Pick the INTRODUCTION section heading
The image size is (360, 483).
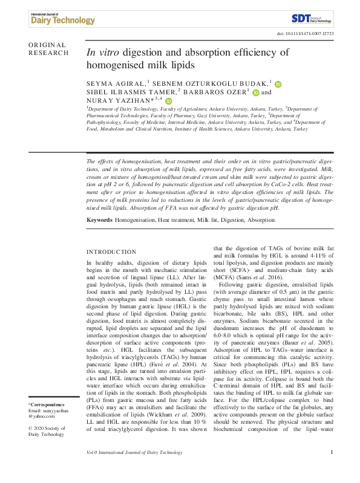coord(111,251)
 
